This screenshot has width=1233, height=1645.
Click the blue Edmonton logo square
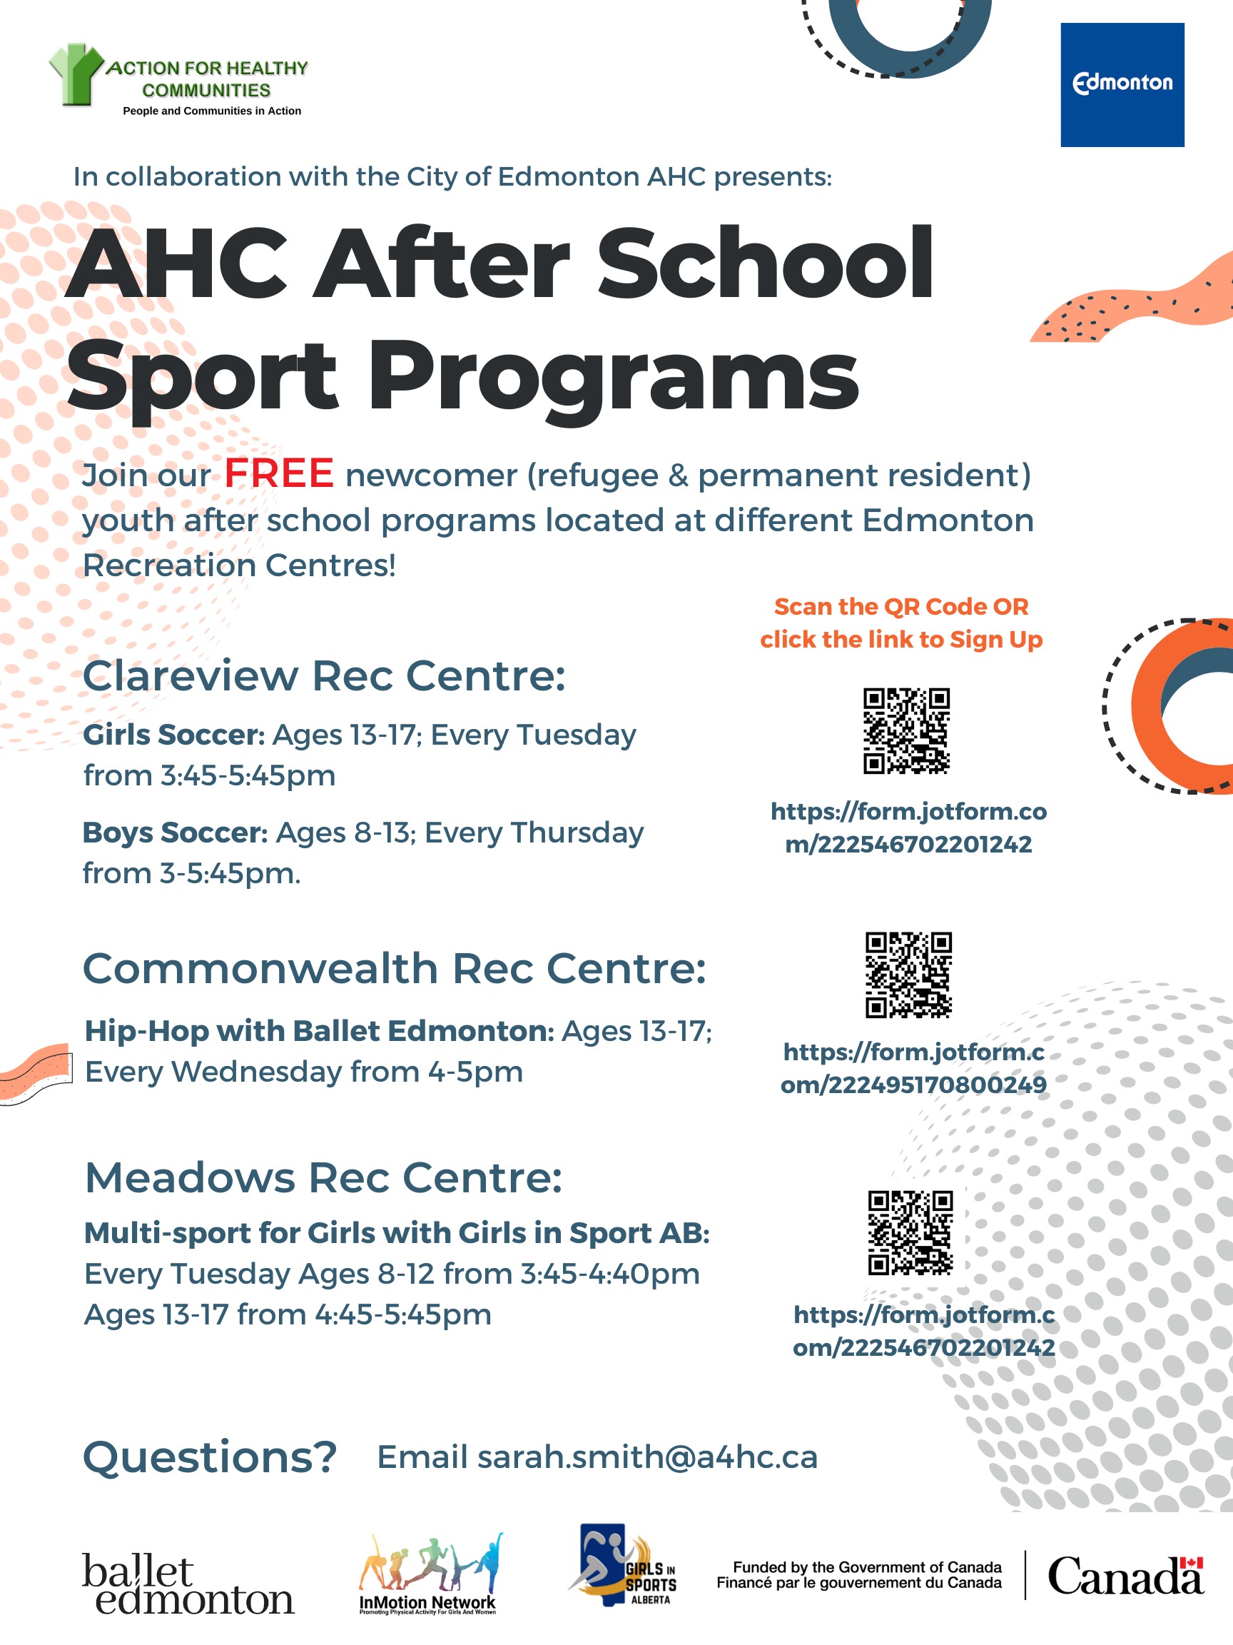[x=1122, y=85]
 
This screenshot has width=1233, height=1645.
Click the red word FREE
[x=279, y=473]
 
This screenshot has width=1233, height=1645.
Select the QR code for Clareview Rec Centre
[x=906, y=730]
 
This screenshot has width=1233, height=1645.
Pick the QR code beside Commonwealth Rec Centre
[x=908, y=974]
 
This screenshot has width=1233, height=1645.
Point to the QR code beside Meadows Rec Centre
[x=910, y=1232]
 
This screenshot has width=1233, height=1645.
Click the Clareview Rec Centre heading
[x=324, y=676]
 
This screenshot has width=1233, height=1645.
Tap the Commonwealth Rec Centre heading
[x=394, y=969]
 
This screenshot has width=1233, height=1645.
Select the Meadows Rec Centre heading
[x=323, y=1178]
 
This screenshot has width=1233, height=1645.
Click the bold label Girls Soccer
[x=174, y=735]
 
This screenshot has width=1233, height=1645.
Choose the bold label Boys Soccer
[x=176, y=833]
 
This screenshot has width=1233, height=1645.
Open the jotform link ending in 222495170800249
[x=913, y=1069]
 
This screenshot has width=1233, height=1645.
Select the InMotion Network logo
[x=429, y=1575]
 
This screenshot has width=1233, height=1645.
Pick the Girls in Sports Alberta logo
[x=623, y=1566]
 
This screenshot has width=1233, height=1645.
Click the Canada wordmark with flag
[x=1125, y=1576]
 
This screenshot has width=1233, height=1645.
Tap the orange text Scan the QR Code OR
[x=900, y=607]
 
